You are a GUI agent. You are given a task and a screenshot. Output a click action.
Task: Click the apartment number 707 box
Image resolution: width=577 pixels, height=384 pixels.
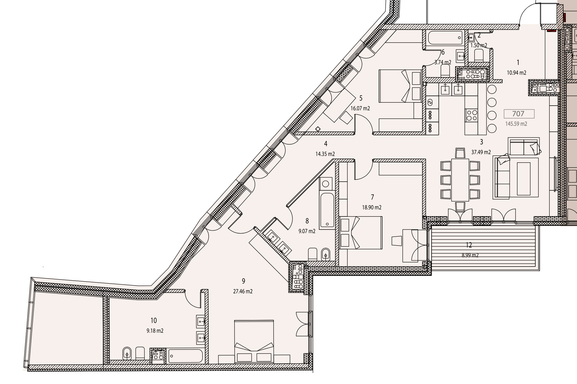[x=519, y=114]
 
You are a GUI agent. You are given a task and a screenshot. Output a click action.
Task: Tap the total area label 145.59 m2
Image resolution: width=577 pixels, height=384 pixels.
[x=516, y=124]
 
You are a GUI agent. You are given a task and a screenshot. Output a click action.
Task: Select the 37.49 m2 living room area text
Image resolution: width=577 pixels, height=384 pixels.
[x=481, y=152]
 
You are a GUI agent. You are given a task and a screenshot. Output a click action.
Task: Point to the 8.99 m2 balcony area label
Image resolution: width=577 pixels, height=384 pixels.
[x=470, y=255]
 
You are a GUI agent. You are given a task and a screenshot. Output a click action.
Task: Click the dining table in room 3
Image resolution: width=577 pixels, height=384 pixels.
[x=460, y=180]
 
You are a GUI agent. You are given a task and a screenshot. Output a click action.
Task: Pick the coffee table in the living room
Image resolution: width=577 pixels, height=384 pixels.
[x=524, y=179]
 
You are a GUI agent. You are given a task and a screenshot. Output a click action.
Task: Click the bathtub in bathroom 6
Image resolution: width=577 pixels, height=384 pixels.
[x=445, y=38]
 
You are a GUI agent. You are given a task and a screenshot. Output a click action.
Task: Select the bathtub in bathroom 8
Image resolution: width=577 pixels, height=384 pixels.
[x=327, y=210]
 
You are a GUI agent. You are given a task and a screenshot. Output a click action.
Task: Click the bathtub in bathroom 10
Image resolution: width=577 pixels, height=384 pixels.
[x=185, y=356]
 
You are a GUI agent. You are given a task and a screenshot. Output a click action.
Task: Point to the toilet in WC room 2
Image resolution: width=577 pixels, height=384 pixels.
[x=479, y=55]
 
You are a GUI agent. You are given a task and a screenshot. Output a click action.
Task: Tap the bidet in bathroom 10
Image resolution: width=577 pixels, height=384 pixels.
[x=127, y=353]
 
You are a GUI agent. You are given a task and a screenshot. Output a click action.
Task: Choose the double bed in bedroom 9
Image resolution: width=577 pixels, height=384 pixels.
[x=254, y=341]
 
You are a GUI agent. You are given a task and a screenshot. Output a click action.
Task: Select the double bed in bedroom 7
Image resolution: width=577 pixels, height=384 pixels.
[x=361, y=233]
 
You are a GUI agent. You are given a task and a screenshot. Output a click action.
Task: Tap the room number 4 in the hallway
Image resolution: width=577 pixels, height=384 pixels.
[x=326, y=143]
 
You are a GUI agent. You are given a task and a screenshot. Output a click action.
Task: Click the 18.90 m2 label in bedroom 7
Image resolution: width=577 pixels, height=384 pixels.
[x=372, y=207]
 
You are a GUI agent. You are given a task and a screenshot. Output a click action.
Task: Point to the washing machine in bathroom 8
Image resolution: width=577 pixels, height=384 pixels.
[x=326, y=183]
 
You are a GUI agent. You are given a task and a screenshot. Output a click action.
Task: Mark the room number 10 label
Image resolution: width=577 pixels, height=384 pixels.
[x=154, y=320]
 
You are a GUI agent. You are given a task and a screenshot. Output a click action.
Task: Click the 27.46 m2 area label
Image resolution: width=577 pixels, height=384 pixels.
[x=243, y=291]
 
